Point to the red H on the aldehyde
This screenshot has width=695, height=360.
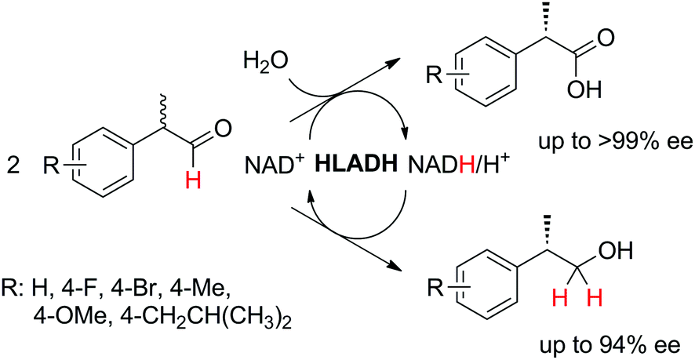pyautogui.click(x=193, y=181)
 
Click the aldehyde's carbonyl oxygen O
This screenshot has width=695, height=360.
pyautogui.click(x=223, y=129)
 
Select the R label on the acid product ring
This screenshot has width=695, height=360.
pyautogui.click(x=435, y=74)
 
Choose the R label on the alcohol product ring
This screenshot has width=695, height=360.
pyautogui.click(x=435, y=289)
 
